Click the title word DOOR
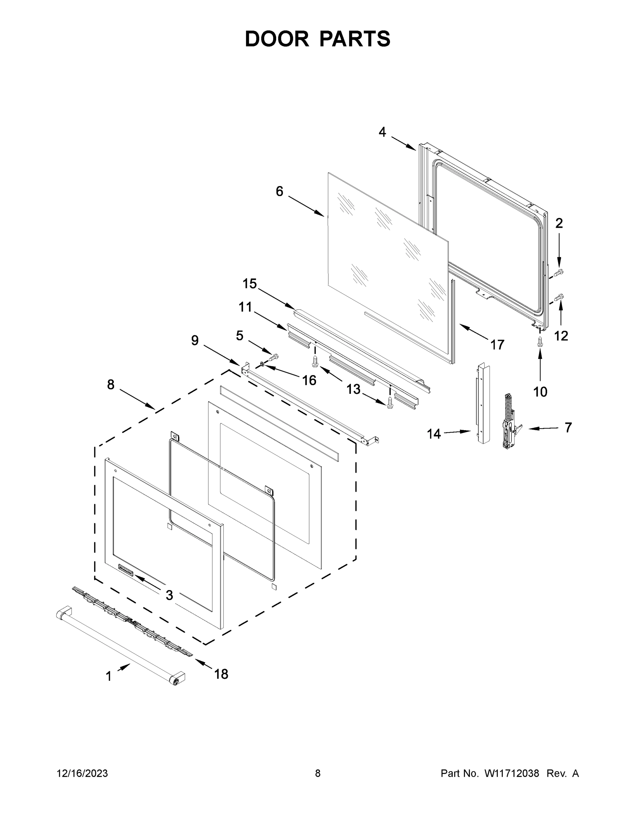pyautogui.click(x=277, y=39)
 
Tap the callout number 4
pyautogui.click(x=382, y=132)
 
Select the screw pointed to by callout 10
pyautogui.click(x=540, y=342)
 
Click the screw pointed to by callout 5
pyautogui.click(x=274, y=356)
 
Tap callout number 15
pyautogui.click(x=250, y=284)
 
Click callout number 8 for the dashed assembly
pyautogui.click(x=111, y=385)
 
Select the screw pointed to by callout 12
pyautogui.click(x=559, y=297)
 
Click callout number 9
pyautogui.click(x=194, y=341)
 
